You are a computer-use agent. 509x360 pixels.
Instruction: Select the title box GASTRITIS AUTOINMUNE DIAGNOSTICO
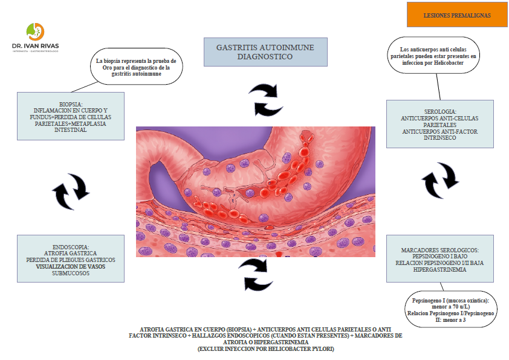coord(267,51)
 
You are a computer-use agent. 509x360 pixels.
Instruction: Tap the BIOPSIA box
coord(71,116)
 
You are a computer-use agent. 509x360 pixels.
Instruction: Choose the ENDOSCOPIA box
coord(71,259)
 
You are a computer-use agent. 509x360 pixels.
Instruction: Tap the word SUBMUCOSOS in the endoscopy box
coord(71,273)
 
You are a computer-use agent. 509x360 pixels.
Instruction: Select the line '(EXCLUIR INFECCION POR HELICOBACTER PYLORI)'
coord(266,349)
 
